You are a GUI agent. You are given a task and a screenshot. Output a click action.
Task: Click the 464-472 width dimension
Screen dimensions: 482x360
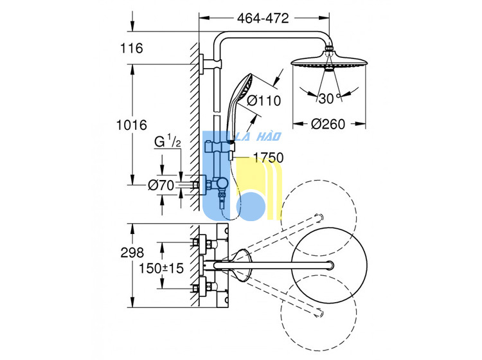tap(263, 19)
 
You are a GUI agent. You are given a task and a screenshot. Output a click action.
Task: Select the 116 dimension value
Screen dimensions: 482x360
tap(132, 48)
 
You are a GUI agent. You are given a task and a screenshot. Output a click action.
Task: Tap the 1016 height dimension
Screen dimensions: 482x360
tap(132, 125)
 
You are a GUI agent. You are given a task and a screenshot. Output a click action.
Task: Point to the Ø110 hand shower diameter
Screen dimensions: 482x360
tap(263, 100)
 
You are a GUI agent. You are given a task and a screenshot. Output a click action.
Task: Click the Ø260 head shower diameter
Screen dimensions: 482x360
tap(328, 124)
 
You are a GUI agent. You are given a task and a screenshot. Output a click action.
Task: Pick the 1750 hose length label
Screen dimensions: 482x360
tap(268, 157)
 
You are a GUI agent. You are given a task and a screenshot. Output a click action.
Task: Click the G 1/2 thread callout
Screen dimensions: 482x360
tap(168, 141)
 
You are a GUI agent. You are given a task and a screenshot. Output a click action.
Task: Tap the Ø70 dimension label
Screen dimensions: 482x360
tap(161, 185)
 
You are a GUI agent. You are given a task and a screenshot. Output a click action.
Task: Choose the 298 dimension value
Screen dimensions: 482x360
tap(132, 253)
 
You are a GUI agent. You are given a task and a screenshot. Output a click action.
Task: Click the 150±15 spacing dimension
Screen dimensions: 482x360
tap(161, 268)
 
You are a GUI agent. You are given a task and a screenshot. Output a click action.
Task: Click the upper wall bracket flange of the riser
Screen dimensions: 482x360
tap(201, 64)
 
